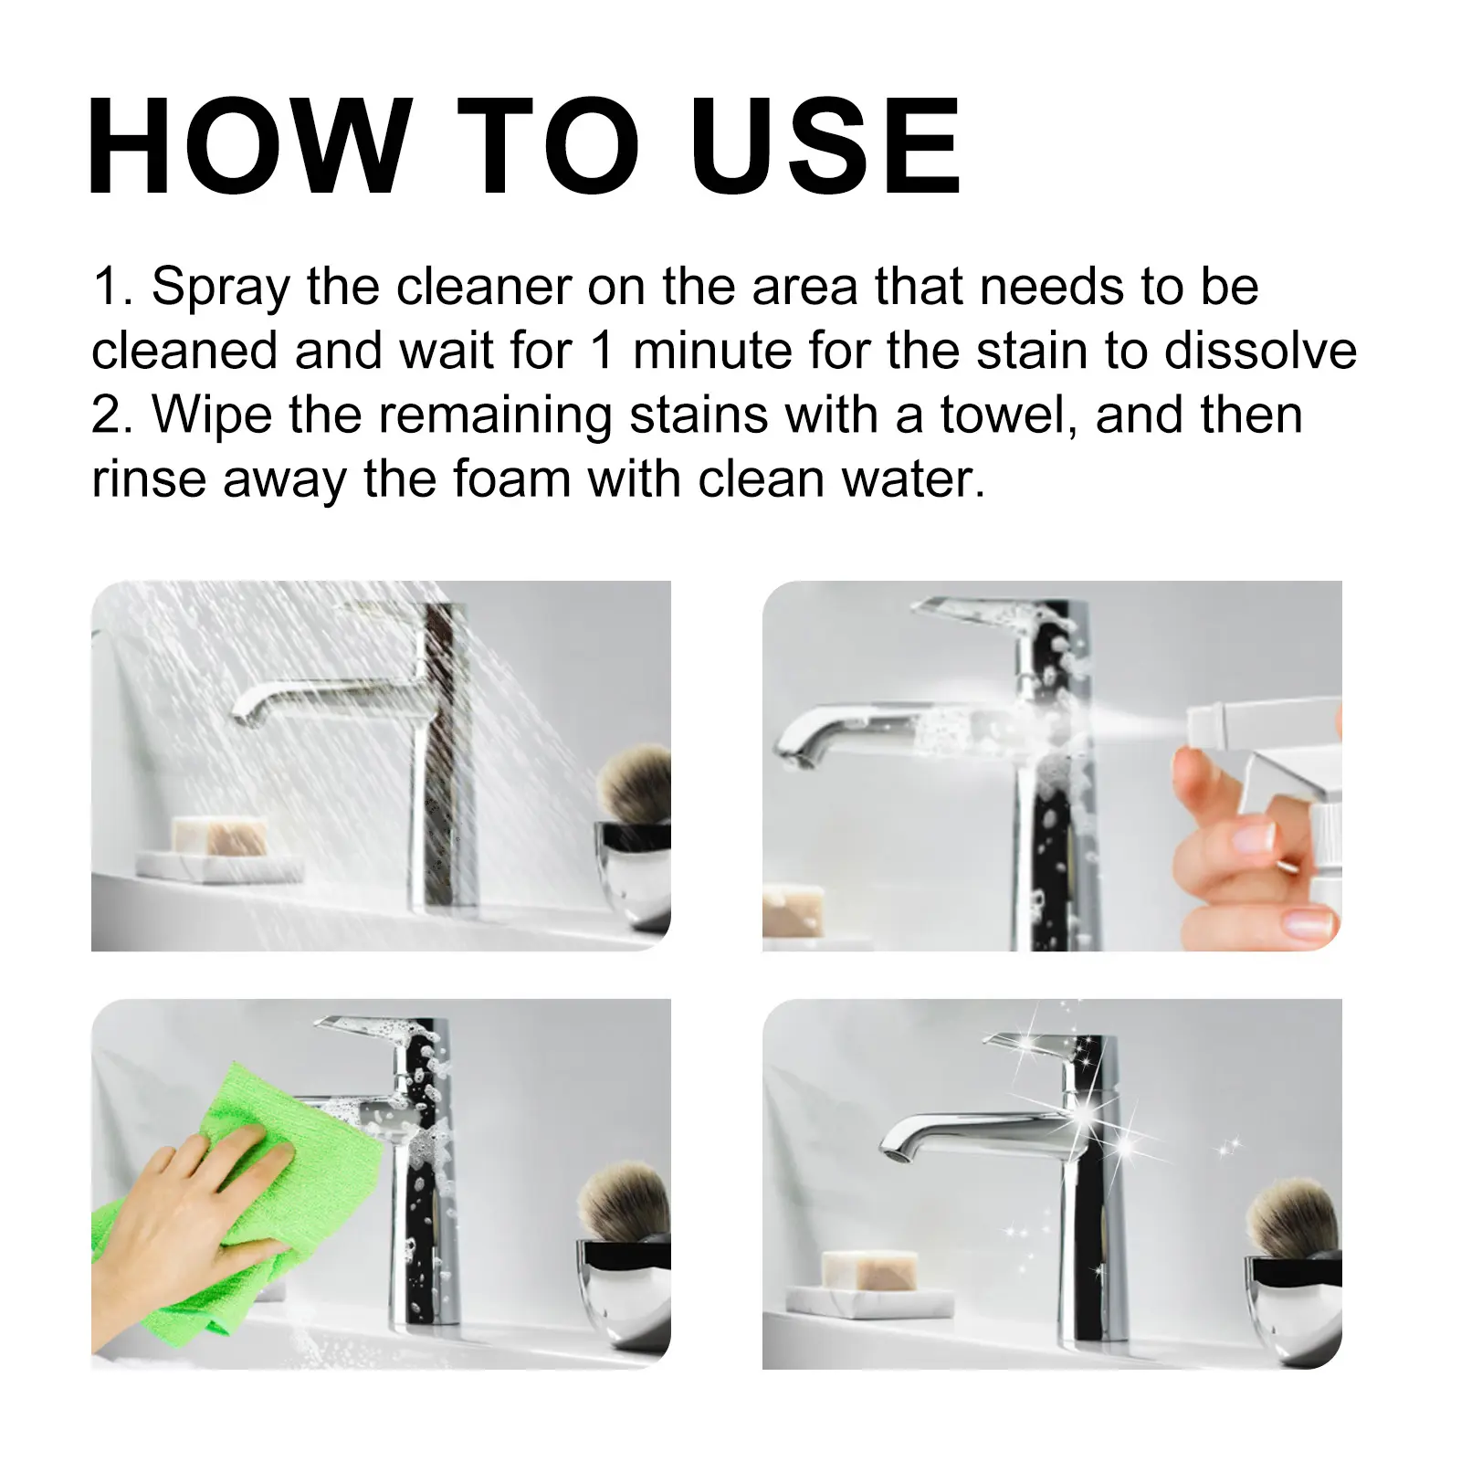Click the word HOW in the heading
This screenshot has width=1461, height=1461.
point(249,146)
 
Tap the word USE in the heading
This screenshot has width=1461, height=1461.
point(825,146)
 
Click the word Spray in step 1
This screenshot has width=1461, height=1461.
point(221,289)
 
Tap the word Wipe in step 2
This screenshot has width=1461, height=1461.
point(212,416)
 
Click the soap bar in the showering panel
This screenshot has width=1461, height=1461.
point(219,836)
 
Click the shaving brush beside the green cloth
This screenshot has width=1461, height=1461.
point(625,1201)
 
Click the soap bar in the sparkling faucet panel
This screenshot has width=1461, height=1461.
point(868,1269)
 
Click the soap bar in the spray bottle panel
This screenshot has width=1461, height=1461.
point(793,910)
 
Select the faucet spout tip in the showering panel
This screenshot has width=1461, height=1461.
point(243,709)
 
